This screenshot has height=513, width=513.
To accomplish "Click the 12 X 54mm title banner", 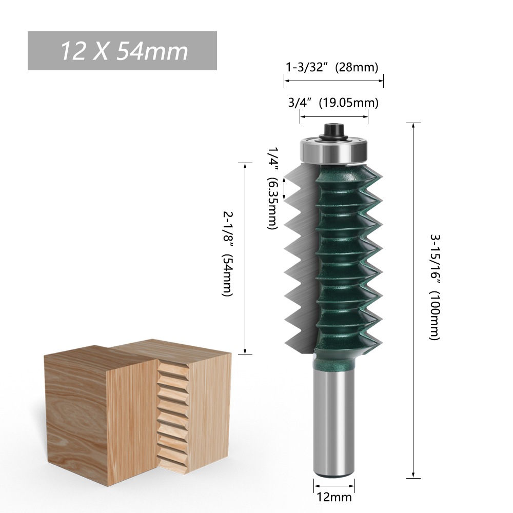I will [122, 51].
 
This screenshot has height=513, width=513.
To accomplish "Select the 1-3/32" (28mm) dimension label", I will [332, 67].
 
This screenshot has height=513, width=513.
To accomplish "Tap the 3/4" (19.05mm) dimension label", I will [334, 103].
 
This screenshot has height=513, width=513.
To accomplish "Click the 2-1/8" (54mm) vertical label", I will [227, 253].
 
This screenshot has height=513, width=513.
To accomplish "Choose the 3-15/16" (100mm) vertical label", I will [435, 288].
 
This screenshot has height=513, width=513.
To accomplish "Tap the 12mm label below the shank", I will [334, 497].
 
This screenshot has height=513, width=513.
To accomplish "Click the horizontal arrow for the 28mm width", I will [334, 81].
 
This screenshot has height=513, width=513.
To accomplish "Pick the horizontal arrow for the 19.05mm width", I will [334, 117].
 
